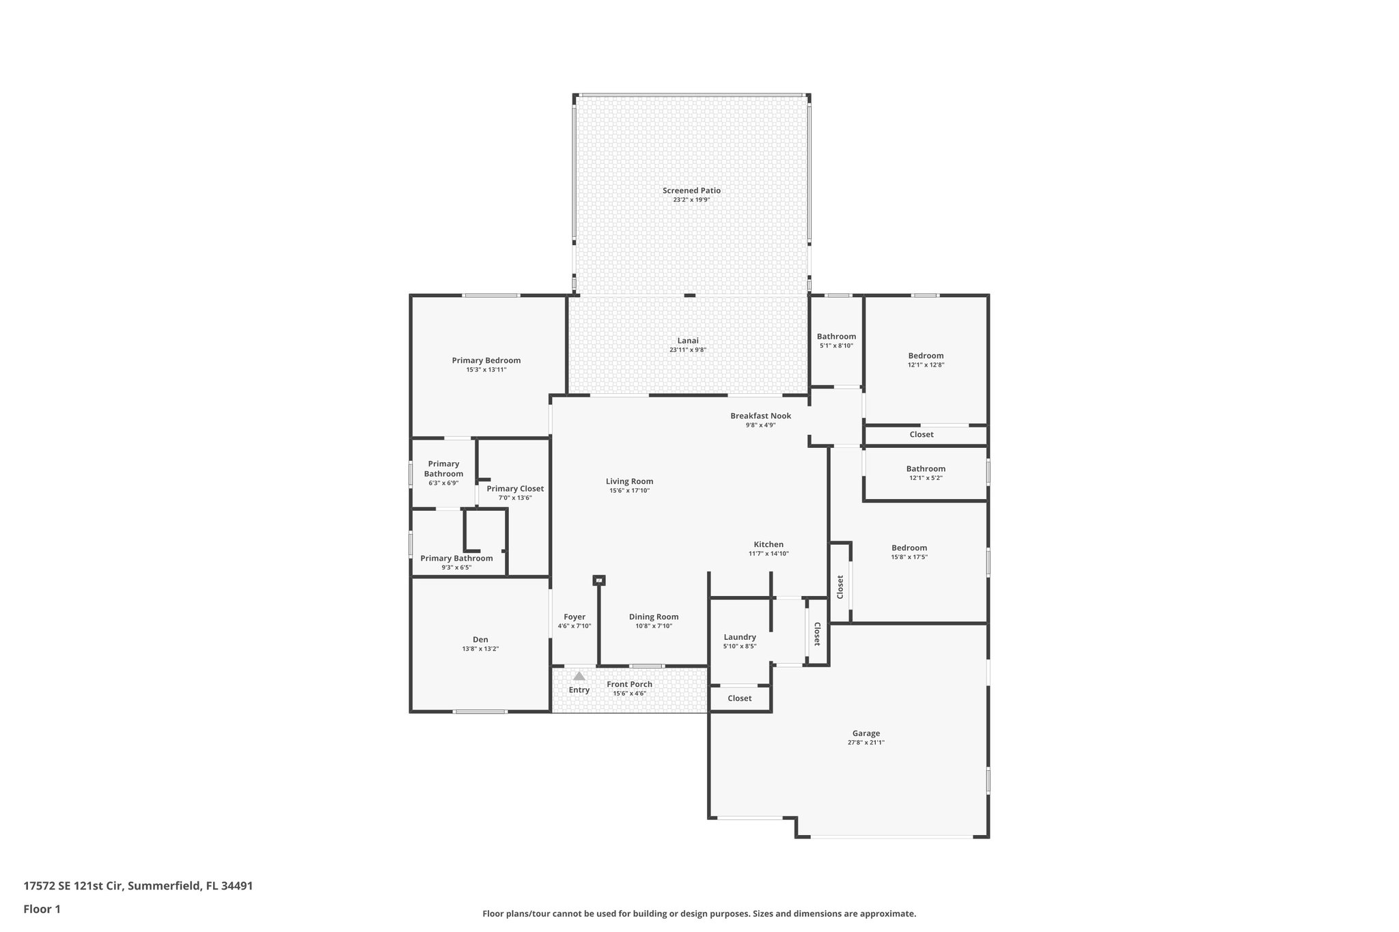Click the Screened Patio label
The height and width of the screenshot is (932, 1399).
691,190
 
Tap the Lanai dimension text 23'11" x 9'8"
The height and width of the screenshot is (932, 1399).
688,350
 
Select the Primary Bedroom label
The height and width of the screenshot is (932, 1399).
486,361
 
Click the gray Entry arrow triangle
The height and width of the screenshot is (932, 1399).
579,676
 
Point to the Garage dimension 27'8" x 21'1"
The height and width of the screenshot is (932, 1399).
865,743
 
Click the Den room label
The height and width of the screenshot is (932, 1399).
480,640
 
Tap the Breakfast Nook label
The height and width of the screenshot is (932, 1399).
760,416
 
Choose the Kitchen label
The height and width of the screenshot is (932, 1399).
768,545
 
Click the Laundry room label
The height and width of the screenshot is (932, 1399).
739,637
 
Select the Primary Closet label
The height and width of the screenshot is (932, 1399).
515,489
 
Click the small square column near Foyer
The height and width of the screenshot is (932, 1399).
599,580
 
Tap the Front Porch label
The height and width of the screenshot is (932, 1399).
629,684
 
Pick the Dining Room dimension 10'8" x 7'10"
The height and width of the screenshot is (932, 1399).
654,626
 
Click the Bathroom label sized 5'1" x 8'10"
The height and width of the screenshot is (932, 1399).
836,337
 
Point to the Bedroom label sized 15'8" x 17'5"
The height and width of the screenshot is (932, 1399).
909,548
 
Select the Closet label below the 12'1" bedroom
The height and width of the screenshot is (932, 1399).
922,435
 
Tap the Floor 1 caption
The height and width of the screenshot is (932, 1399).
42,909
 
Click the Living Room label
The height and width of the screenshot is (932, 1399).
629,481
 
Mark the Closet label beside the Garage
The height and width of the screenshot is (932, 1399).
739,698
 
